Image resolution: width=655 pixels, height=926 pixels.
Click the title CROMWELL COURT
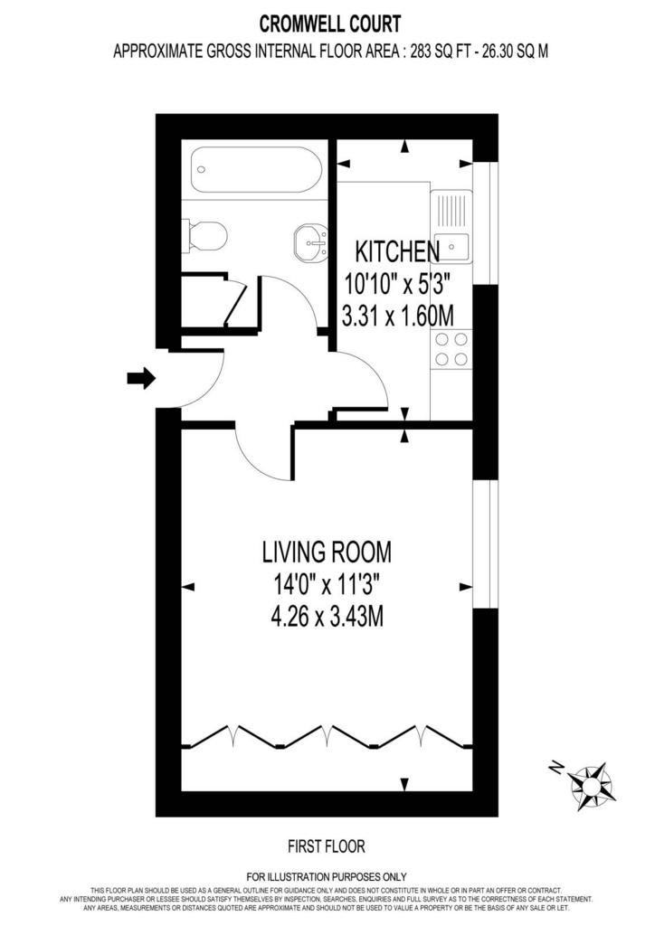coord(330,24)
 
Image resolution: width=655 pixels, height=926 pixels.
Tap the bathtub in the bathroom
coord(256,169)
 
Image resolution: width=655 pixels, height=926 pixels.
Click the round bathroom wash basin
coord(310,243)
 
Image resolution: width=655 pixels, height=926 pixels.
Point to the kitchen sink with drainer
coord(451,226)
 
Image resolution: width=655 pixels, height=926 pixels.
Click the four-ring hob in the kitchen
coord(451,349)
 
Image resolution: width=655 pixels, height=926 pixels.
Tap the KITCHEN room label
coord(397,252)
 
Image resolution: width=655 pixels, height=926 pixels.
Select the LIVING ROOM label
coord(327,553)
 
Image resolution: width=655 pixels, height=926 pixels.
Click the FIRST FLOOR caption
coord(327,846)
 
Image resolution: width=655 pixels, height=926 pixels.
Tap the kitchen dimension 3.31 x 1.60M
coord(398,316)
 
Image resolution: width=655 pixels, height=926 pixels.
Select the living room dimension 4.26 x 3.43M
coord(327,617)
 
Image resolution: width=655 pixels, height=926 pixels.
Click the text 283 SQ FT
coord(432,52)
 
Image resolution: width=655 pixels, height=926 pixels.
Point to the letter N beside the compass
coord(555,767)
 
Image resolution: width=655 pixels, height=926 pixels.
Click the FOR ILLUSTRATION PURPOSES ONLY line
coord(327,877)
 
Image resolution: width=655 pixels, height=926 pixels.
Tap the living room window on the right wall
coord(486,543)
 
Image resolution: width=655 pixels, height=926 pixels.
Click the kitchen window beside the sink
coord(486,222)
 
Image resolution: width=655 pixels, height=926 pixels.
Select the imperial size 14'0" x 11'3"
coord(326,585)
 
